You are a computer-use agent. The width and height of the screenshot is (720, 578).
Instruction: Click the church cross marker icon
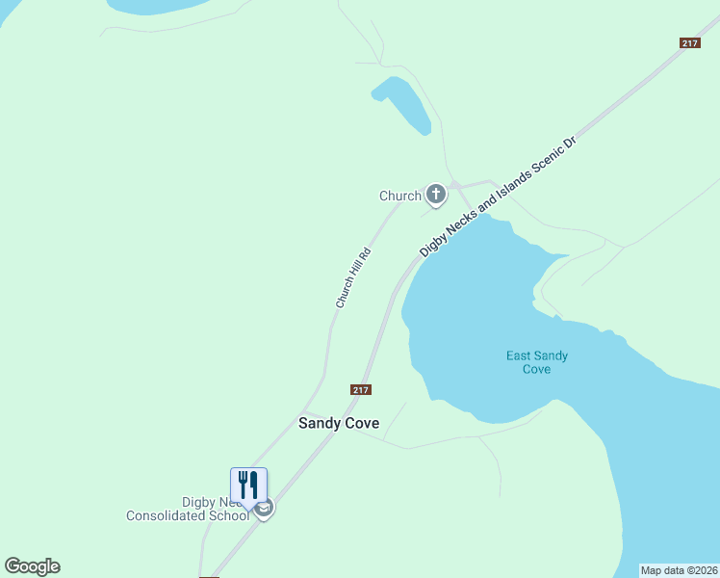436,196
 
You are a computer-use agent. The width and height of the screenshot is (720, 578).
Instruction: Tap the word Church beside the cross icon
400,196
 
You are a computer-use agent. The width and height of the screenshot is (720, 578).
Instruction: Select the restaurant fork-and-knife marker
248,484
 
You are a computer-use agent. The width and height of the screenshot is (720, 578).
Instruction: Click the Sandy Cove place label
339,423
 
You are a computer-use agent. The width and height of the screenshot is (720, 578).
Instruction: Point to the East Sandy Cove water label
537,362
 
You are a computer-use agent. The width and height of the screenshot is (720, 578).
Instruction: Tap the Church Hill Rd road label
352,279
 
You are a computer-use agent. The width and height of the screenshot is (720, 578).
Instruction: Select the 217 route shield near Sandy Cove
360,389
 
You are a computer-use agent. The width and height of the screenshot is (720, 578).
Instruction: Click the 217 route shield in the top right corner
689,42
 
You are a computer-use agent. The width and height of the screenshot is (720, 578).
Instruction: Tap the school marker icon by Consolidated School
265,508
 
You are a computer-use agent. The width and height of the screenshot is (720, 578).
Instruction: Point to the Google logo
32,566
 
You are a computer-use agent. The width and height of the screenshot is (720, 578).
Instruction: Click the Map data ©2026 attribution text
679,570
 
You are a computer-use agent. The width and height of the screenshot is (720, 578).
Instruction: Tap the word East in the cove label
521,356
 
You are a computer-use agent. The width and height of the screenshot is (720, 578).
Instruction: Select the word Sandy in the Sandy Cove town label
320,423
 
